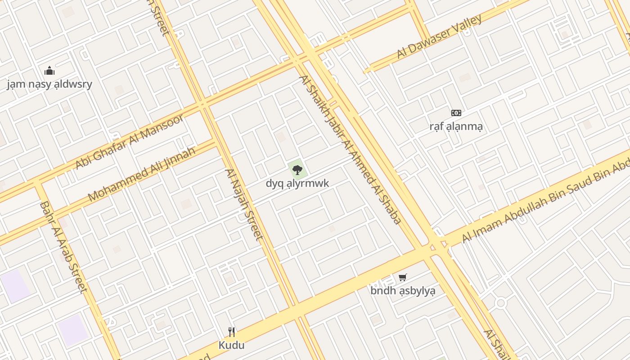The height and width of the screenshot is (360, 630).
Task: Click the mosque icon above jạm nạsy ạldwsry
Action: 49,71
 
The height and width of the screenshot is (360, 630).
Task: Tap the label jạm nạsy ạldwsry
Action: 49,84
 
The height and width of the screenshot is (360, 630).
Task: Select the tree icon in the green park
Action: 297,170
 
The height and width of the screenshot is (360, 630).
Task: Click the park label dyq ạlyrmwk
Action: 297,183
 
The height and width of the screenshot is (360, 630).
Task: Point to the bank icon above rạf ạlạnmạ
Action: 456,113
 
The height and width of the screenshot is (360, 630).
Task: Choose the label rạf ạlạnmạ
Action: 456,126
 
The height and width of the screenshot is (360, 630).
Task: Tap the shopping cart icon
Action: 403,277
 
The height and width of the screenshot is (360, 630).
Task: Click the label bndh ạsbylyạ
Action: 403,291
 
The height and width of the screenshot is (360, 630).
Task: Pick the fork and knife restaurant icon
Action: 232,332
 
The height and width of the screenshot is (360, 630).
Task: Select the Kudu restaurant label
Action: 232,345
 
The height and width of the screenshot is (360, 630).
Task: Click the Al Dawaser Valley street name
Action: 439,37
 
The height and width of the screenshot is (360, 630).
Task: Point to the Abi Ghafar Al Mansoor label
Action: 130,141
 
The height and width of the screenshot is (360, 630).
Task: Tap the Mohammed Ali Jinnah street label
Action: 142,174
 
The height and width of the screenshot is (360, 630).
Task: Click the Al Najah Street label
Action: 243,204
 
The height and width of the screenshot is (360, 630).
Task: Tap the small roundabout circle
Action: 501,303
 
